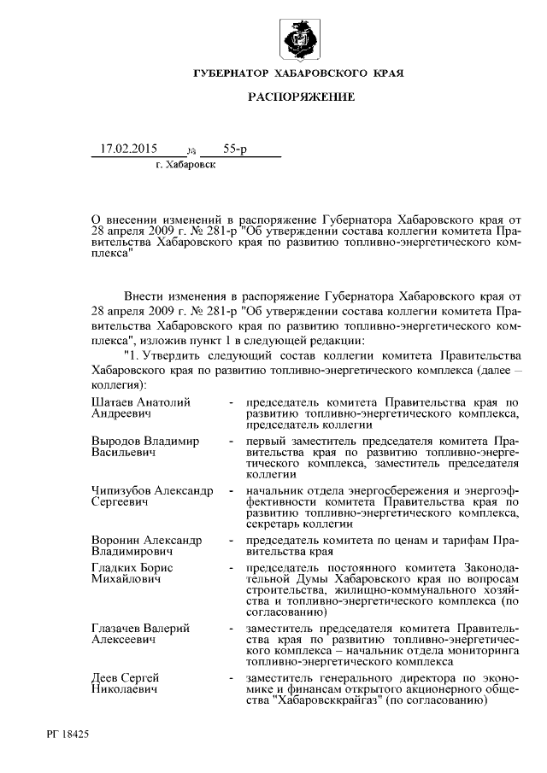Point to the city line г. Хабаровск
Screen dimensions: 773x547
point(186,165)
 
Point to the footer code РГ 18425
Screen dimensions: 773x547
point(69,733)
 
